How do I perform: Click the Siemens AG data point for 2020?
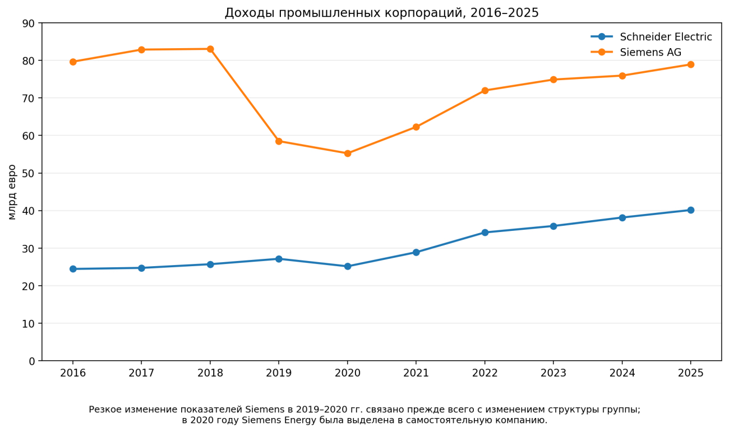point(348,153)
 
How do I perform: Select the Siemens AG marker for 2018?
point(210,49)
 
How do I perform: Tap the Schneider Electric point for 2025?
point(691,210)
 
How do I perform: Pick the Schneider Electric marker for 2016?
point(73,269)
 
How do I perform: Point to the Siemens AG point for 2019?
point(279,141)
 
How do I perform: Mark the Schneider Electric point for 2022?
point(485,233)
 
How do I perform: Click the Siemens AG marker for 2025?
point(691,64)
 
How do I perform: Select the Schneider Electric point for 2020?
point(348,266)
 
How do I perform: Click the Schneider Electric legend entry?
point(652,37)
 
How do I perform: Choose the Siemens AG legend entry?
point(636,52)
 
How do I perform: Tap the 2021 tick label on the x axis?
point(416,373)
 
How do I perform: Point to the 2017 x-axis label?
point(141,373)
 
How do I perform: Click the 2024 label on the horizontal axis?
point(622,373)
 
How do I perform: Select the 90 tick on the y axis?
point(28,24)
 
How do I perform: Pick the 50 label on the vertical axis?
point(28,173)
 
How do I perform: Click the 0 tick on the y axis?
point(31,361)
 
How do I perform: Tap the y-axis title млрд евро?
point(12,192)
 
